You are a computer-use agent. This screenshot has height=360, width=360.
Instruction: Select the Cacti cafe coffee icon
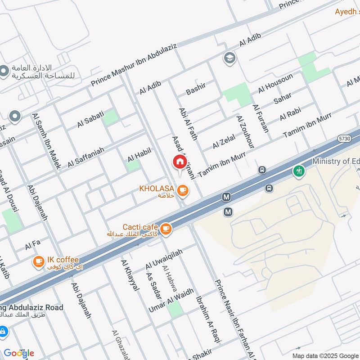click(166, 229)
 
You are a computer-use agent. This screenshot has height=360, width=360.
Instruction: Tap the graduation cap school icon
click(229, 58)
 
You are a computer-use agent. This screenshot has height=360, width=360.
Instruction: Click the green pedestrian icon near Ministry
click(298, 171)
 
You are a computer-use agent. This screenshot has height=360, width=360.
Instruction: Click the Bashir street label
click(196, 89)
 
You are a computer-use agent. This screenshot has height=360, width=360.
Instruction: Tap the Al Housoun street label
click(275, 83)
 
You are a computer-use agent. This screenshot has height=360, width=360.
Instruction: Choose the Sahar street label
click(282, 98)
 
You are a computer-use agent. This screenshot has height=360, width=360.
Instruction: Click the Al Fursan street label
click(261, 118)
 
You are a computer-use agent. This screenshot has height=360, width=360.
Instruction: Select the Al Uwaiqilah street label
click(157, 260)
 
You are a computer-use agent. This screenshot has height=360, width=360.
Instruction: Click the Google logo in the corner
click(19, 353)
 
